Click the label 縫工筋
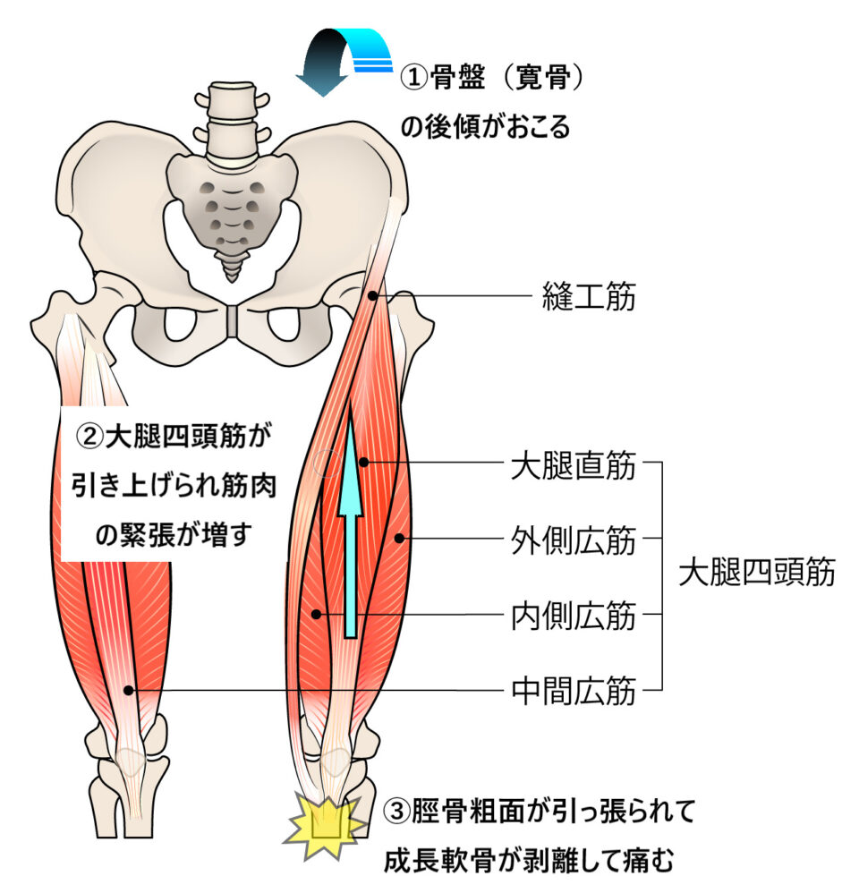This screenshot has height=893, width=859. [x=589, y=296]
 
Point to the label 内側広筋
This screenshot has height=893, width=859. [x=573, y=615]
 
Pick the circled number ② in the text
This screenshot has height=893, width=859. [x=90, y=437]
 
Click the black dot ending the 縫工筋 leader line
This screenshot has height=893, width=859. [x=372, y=296]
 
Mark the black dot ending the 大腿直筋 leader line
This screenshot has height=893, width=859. [x=365, y=463]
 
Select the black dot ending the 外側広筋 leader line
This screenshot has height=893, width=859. [x=399, y=539]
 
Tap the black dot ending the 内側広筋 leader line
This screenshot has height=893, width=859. [x=317, y=614]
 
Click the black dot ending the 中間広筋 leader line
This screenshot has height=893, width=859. [x=131, y=690]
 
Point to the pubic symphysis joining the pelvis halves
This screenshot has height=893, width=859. [x=233, y=321]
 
